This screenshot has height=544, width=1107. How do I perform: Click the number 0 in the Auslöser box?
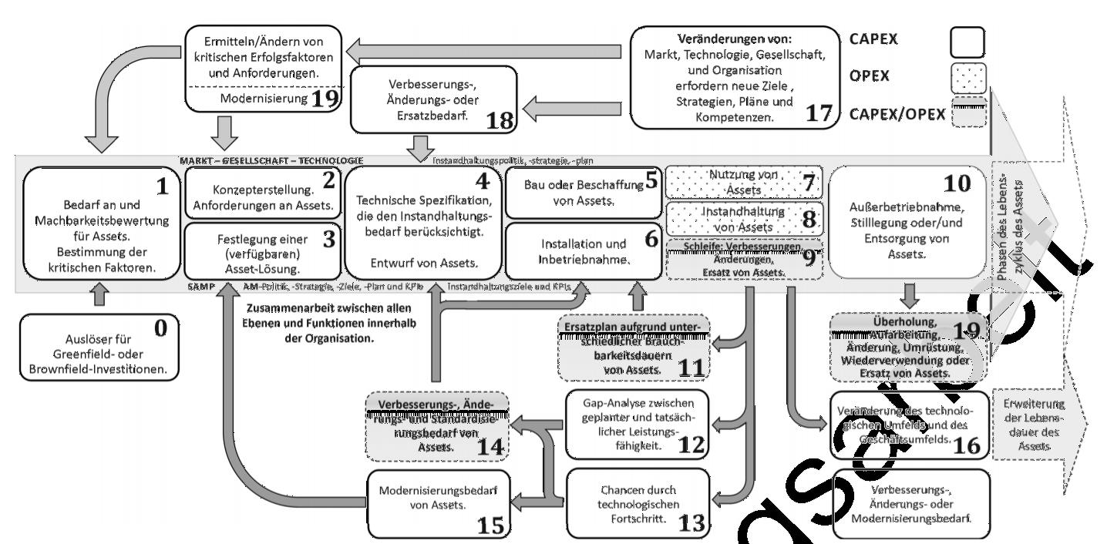[161, 329]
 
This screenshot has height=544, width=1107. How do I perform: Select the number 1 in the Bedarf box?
[162, 187]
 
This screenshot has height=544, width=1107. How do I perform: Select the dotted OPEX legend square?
[968, 79]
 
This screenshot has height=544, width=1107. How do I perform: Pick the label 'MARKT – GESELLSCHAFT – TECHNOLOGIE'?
[271, 160]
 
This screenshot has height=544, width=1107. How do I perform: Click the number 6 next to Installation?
[651, 240]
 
